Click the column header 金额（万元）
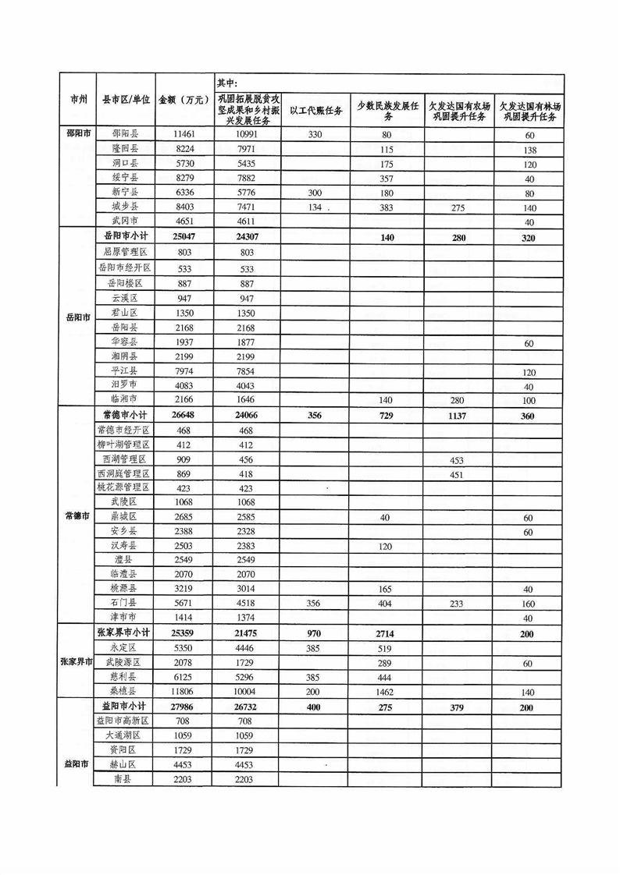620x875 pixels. click(x=184, y=100)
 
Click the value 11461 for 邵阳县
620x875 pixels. click(x=184, y=134)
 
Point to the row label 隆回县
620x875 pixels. click(x=125, y=149)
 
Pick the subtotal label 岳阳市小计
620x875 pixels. click(x=125, y=237)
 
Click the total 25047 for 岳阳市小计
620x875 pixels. click(x=184, y=237)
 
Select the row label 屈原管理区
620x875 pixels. click(x=125, y=253)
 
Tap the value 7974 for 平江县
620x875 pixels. click(x=184, y=371)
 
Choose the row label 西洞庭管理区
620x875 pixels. click(x=125, y=474)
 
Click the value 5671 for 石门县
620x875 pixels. click(x=184, y=603)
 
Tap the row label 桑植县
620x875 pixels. click(x=125, y=691)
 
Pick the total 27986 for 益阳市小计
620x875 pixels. click(x=184, y=707)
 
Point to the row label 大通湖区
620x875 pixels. click(x=125, y=735)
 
